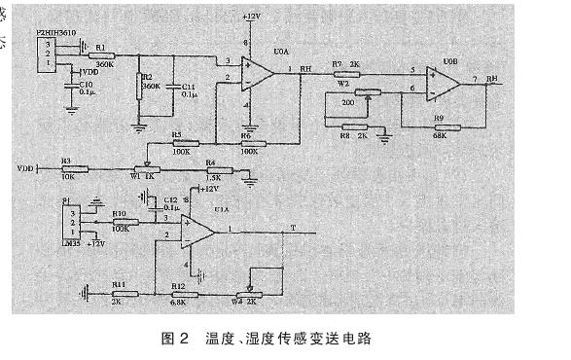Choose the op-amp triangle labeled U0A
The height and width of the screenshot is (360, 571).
(261, 72)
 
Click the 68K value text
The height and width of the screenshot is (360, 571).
(440, 136)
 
